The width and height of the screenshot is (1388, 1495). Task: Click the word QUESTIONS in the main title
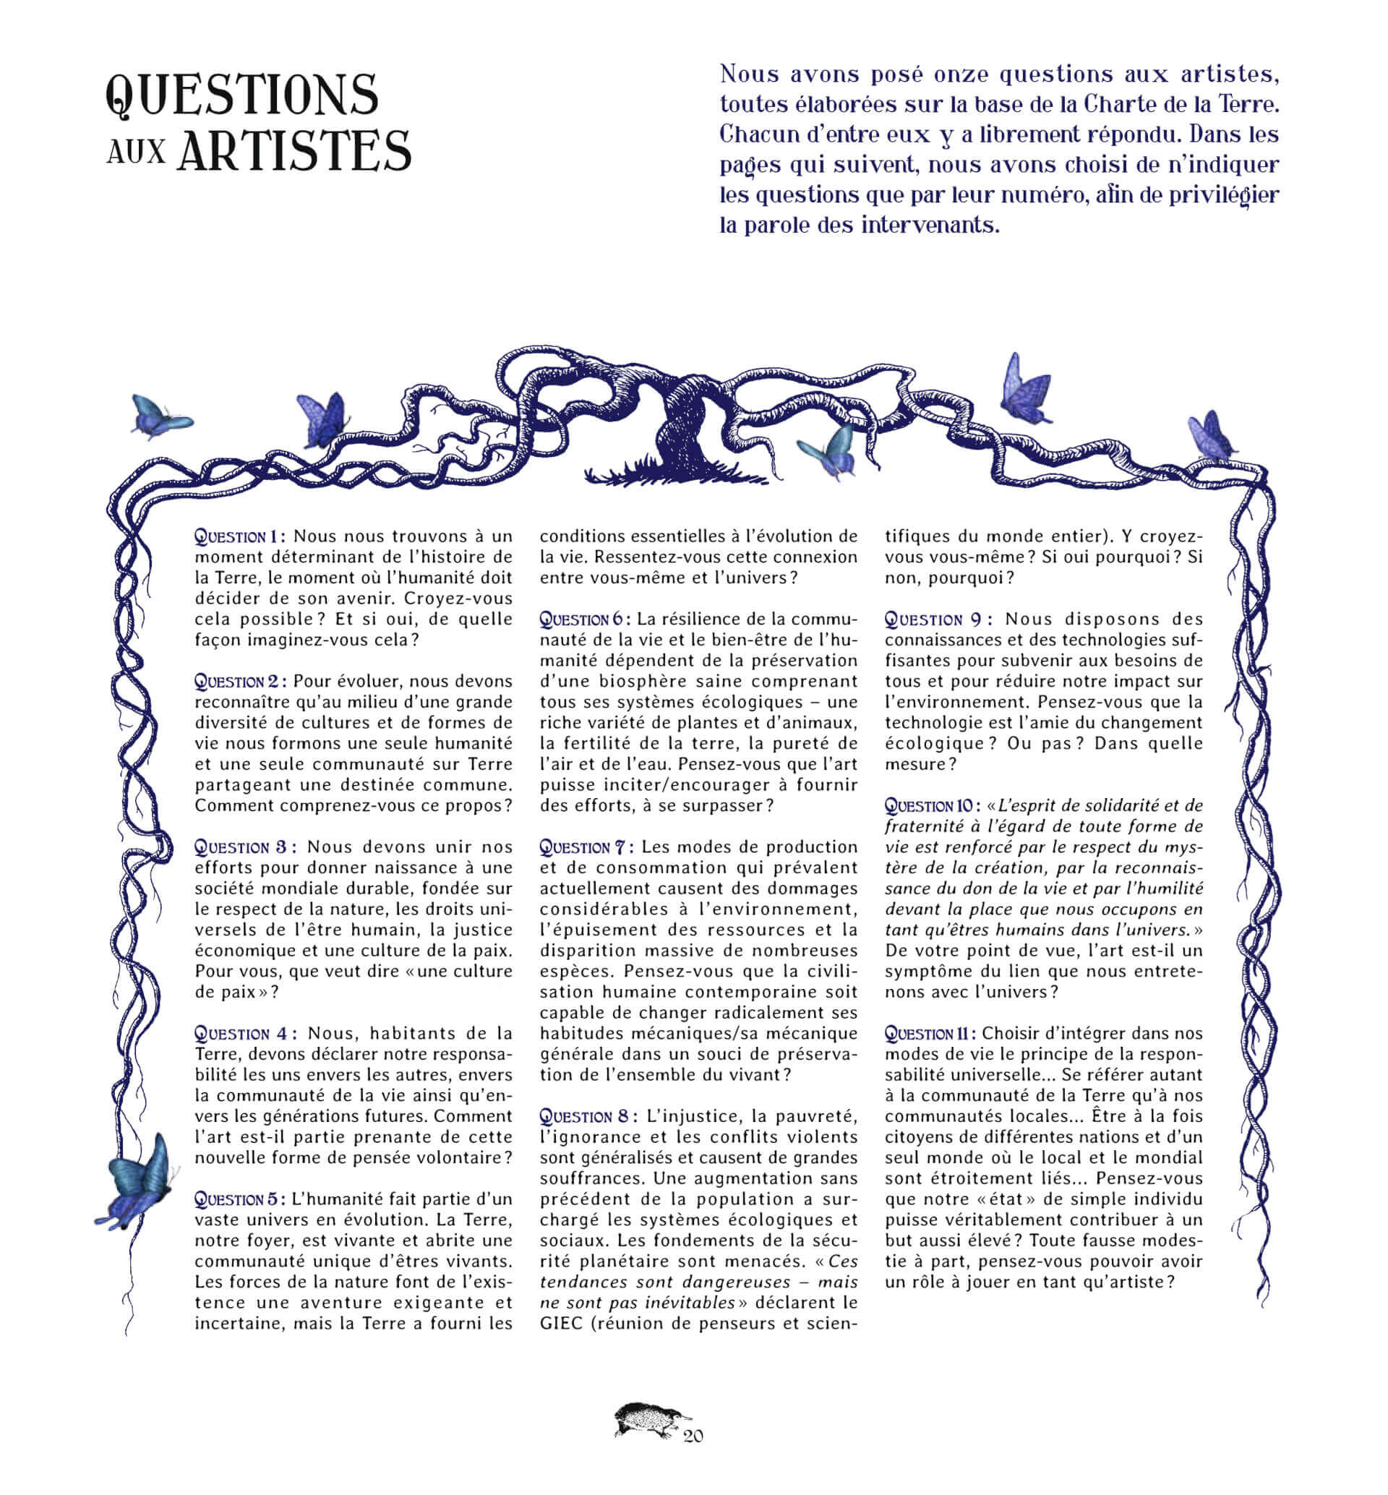tap(242, 95)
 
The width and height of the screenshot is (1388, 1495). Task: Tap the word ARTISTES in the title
tap(294, 150)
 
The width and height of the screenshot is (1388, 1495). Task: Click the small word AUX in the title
tap(136, 153)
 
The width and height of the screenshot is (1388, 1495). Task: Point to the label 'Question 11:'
tap(929, 1034)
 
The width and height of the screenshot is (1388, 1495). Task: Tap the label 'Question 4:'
tap(246, 1034)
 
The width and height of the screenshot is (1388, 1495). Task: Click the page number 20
tap(693, 1436)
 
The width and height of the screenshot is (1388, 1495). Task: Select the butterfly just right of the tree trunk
tap(828, 451)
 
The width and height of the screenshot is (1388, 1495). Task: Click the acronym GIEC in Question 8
tap(560, 1324)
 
